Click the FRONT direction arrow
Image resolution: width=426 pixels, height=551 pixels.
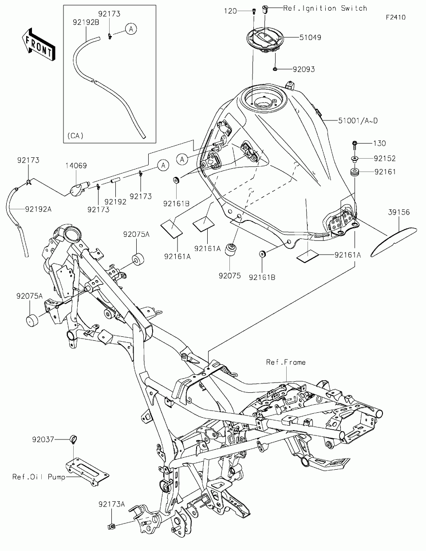click(39, 45)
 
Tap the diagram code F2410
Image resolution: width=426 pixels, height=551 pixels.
click(396, 17)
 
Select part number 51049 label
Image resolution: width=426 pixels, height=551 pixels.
click(310, 37)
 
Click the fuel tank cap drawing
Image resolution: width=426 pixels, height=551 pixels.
click(265, 40)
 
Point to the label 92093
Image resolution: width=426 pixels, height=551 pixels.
click(304, 69)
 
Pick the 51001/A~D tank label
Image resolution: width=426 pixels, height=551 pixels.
click(358, 121)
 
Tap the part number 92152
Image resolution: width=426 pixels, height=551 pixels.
click(384, 159)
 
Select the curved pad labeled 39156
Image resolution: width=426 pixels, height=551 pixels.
click(393, 242)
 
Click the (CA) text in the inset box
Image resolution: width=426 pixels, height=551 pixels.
click(75, 136)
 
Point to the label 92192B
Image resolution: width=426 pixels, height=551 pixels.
click(86, 22)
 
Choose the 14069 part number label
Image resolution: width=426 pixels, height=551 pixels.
click(76, 166)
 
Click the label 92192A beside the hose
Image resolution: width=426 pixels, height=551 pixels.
click(38, 209)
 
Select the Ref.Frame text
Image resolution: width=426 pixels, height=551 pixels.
click(286, 362)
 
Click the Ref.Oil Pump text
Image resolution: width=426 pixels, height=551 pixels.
click(39, 477)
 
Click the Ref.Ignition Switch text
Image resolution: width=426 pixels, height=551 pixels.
click(325, 8)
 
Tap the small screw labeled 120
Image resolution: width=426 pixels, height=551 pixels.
click(254, 11)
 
